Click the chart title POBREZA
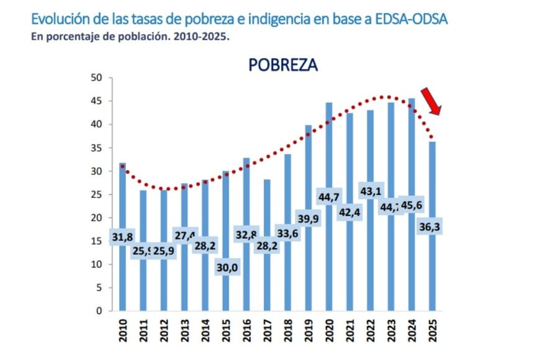(283, 65)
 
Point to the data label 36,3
(432, 228)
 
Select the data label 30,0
(226, 268)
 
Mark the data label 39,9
(308, 218)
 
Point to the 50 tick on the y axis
(96, 78)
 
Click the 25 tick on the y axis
(96, 194)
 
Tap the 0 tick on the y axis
(99, 311)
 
